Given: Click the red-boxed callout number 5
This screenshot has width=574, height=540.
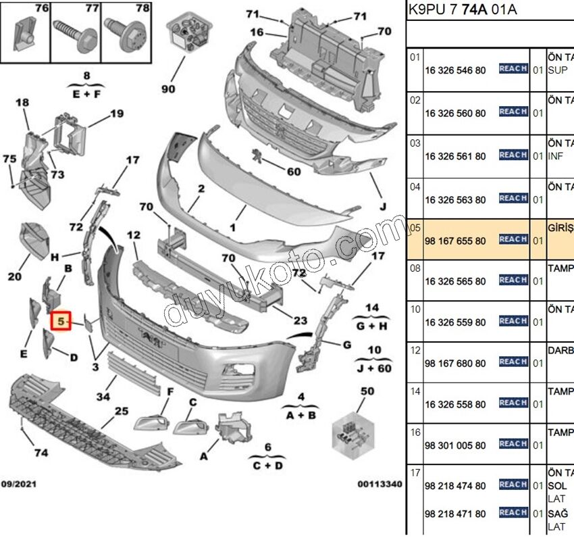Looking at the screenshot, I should [61, 322].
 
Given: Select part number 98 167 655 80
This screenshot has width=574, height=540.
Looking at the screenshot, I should [454, 241].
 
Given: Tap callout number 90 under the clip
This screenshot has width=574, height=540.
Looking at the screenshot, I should [168, 89].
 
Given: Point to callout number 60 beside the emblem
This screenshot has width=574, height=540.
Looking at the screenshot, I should [293, 172].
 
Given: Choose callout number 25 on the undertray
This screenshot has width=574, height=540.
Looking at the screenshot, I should [121, 410].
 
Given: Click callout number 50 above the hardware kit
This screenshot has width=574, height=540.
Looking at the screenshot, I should [367, 391].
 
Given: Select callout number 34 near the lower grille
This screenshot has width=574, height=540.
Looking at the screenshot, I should [103, 397].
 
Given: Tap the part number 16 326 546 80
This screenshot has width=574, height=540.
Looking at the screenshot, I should [454, 70].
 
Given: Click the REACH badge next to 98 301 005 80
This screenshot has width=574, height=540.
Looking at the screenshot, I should [513, 444].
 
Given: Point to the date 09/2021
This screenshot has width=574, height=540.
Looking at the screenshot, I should [19, 484].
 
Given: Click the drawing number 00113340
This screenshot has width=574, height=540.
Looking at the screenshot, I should [380, 484].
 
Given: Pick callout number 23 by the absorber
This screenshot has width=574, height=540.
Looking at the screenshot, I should [300, 321].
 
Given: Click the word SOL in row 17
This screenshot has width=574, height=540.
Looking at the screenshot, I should [557, 487].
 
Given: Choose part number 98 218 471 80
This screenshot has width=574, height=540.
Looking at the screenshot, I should [454, 514].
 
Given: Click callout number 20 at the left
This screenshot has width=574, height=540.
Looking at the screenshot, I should [15, 276].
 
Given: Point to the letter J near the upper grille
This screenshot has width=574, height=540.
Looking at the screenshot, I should [382, 207].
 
